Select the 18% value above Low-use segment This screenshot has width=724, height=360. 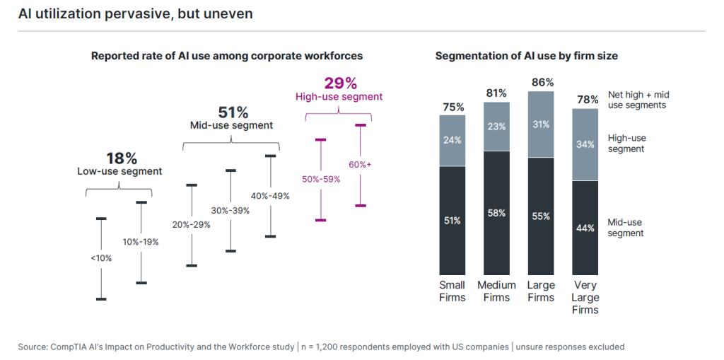point(121,158)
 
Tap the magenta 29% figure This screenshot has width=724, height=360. point(339,83)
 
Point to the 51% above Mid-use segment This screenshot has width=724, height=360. point(233,112)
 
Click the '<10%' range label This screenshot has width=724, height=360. point(101,258)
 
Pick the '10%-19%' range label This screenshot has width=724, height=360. point(141,242)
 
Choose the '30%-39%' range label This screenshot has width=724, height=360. point(230,210)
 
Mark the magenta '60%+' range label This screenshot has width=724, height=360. point(360,165)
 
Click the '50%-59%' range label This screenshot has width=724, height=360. point(321,179)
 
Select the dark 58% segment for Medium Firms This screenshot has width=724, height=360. point(496,212)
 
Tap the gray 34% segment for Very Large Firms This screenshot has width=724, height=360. point(585,145)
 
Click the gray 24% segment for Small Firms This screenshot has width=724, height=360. point(452,140)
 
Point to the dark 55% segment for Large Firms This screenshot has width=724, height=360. point(541,216)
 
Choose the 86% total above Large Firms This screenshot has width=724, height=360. point(541,82)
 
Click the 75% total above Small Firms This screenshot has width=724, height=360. point(452,107)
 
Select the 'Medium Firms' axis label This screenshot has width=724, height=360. point(496,291)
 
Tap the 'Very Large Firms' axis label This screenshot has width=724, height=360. point(585,297)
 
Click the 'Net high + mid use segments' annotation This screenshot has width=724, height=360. point(638,100)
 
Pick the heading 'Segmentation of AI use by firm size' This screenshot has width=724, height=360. point(527,56)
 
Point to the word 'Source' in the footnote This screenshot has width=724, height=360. point(33,347)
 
